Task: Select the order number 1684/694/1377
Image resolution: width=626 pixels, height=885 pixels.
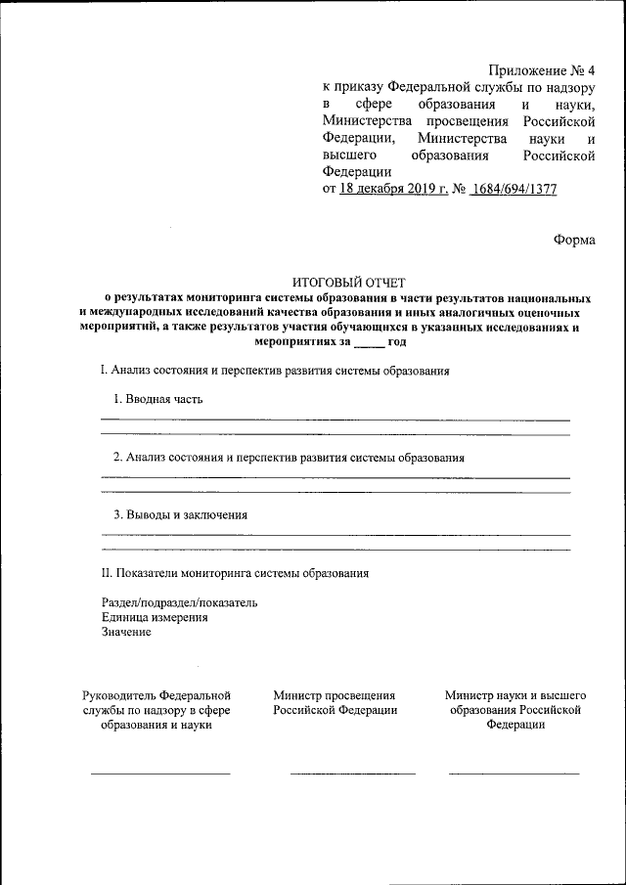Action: click(x=514, y=190)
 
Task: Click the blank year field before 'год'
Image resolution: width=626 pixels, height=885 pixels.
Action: click(x=369, y=343)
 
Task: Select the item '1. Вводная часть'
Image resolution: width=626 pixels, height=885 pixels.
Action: click(x=158, y=399)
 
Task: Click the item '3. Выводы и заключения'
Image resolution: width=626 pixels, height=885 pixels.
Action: click(x=180, y=514)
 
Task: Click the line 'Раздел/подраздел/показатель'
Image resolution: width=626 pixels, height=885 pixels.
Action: click(x=179, y=602)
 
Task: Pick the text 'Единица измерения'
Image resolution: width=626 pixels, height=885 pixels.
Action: click(x=155, y=617)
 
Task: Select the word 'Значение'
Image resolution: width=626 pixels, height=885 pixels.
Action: click(x=126, y=632)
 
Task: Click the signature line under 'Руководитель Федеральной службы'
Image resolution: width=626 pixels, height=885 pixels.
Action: click(x=160, y=774)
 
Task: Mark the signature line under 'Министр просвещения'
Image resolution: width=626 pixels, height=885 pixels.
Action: click(x=352, y=774)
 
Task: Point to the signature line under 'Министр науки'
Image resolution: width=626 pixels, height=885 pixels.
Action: click(x=514, y=774)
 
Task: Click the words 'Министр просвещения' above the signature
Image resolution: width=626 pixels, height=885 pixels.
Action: click(x=335, y=695)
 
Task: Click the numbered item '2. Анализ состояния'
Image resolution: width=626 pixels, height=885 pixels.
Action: click(x=288, y=457)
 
